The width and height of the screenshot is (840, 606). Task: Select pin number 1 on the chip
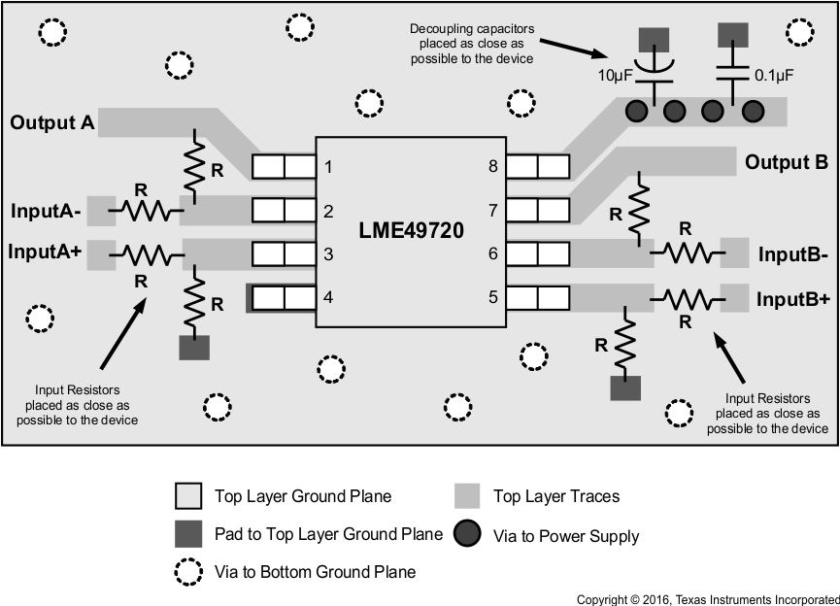pyautogui.click(x=328, y=167)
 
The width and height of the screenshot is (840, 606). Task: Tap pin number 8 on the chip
pyautogui.click(x=493, y=167)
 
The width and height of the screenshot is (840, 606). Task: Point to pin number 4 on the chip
pyautogui.click(x=328, y=297)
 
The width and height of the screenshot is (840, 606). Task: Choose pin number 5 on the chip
pyautogui.click(x=493, y=297)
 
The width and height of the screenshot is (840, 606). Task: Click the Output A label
pyautogui.click(x=52, y=123)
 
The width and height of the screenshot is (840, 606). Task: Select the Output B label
pyautogui.click(x=786, y=162)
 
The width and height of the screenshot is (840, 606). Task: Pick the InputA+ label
pyautogui.click(x=47, y=251)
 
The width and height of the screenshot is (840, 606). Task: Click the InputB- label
pyautogui.click(x=792, y=256)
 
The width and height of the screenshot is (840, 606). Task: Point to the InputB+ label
pyautogui.click(x=793, y=299)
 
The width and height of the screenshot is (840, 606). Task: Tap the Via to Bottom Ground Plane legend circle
pyautogui.click(x=188, y=571)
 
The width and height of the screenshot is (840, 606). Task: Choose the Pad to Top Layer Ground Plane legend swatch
pyautogui.click(x=188, y=533)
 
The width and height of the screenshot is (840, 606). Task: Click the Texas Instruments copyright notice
pyautogui.click(x=707, y=599)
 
